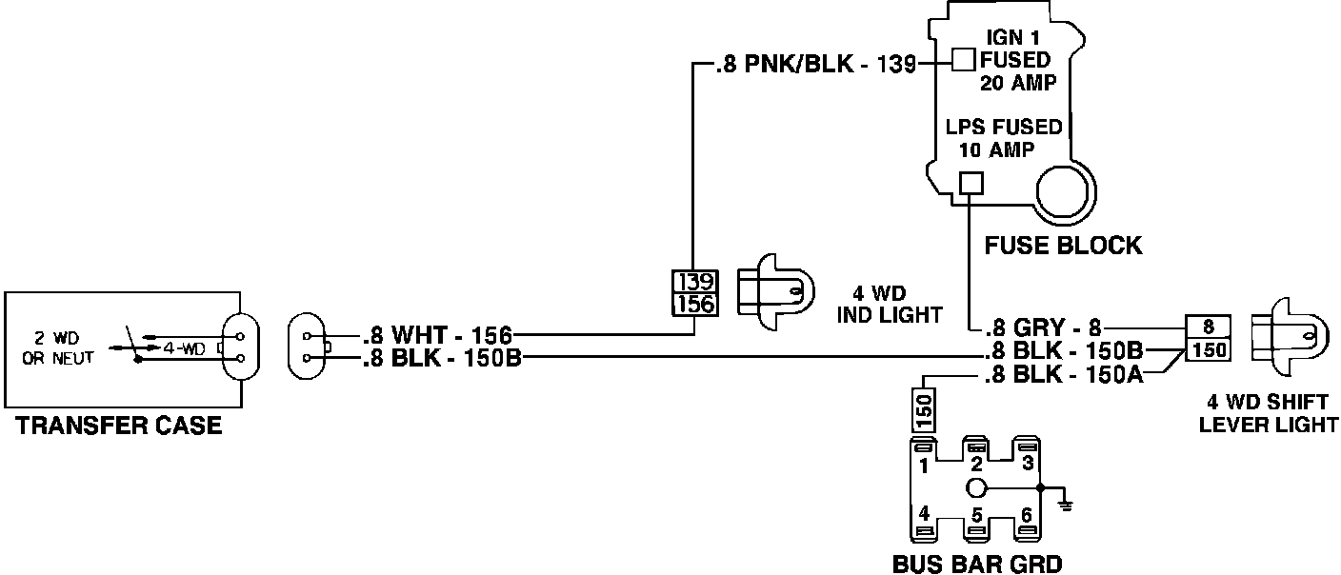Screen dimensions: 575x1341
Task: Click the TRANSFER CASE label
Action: [x=119, y=426]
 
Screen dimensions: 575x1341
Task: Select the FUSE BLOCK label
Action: [x=1063, y=246]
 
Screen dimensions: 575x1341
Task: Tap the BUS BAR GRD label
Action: [x=976, y=564]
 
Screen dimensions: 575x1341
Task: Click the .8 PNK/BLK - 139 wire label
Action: [x=814, y=66]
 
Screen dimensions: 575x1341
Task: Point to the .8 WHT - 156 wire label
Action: [x=437, y=335]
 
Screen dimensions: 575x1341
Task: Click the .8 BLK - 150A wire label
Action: [x=1063, y=375]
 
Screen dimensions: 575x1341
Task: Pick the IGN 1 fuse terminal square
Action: [x=964, y=60]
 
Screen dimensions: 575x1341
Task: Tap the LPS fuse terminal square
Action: [x=970, y=184]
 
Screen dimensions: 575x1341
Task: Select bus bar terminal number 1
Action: [x=924, y=466]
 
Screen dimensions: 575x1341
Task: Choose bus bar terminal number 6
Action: [x=1026, y=515]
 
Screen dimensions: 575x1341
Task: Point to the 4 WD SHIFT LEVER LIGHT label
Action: [x=1268, y=414]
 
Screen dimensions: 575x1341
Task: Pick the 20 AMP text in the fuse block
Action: [x=1018, y=83]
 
